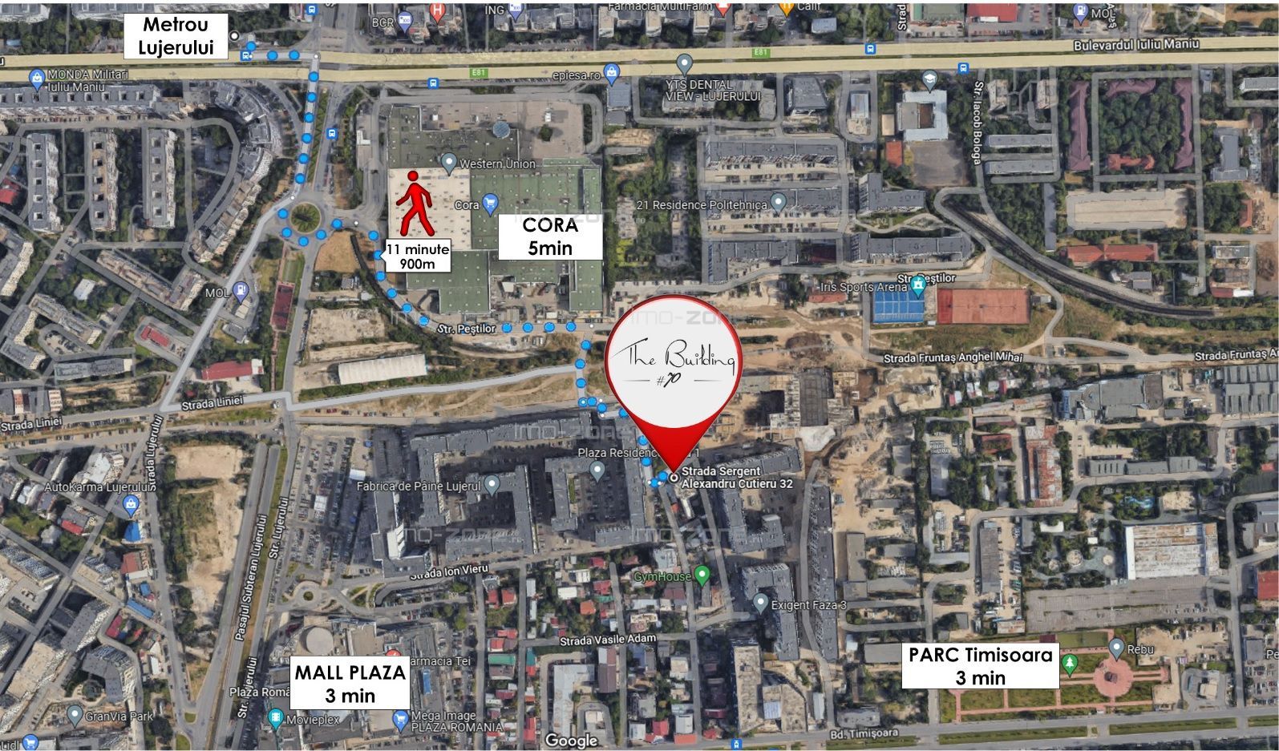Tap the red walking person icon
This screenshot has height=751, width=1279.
(415, 203)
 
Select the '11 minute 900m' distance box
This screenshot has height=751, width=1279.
(417, 256)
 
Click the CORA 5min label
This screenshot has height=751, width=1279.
(550, 236)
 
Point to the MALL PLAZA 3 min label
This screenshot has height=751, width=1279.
(350, 684)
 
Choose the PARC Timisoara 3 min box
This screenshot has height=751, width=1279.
(980, 666)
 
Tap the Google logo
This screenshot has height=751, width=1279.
(571, 740)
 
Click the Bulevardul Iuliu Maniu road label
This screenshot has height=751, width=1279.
(1136, 45)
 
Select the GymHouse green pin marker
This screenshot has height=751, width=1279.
(703, 574)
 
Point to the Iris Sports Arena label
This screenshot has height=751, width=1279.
(863, 287)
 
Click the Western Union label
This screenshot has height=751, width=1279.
(497, 164)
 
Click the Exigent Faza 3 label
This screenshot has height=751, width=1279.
(808, 605)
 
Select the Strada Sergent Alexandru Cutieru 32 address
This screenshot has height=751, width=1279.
(737, 478)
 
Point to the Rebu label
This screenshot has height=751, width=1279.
(1140, 649)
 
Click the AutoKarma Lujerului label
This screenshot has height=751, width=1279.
(96, 487)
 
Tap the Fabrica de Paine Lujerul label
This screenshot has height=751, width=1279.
(419, 486)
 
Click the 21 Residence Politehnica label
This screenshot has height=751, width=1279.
(702, 205)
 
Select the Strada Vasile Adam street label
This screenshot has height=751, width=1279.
(608, 640)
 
